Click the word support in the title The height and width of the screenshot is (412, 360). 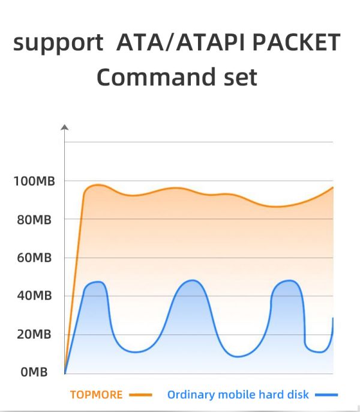pos(58,44)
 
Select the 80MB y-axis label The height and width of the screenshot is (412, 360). pos(35,220)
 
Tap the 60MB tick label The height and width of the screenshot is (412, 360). pos(35,258)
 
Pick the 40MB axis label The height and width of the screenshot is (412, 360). pos(35,296)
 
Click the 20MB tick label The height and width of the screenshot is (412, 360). pos(35,335)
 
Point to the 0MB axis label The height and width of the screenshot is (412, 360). pos(34,373)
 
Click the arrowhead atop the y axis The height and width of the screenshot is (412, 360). pos(65,127)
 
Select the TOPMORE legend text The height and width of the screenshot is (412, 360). pos(96,395)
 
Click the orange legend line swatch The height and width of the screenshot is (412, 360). pos(140,395)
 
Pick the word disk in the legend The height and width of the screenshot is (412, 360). pos(298,395)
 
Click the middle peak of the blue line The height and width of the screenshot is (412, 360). pos(192,280)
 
